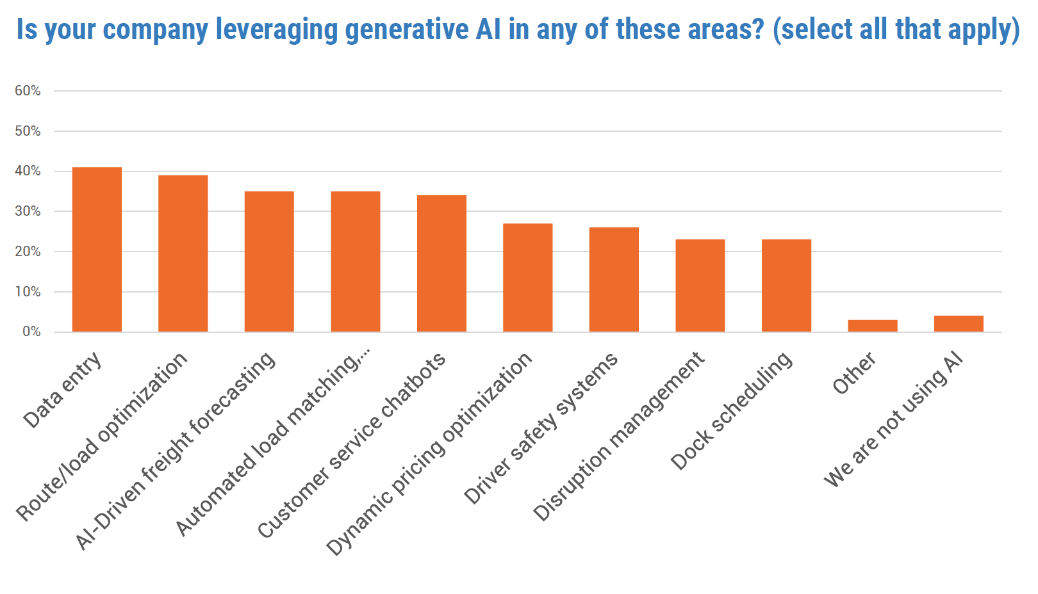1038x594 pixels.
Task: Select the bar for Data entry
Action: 97,250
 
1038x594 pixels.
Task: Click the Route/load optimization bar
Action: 183,253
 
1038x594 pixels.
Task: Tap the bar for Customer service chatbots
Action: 441,263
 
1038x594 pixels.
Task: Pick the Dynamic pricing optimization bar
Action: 527,277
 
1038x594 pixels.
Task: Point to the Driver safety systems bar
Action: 614,279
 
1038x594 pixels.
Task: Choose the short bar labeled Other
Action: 872,325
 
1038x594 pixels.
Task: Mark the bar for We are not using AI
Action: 959,323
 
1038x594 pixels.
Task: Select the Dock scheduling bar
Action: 786,285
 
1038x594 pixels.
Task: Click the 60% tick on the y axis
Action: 28,91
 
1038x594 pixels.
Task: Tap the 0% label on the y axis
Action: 31,332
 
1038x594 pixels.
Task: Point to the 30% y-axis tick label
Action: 28,211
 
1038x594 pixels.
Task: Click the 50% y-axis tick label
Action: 28,131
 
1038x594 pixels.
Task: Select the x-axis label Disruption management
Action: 619,437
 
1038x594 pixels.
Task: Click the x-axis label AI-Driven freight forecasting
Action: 176,451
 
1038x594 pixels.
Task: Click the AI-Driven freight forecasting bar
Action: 269,261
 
